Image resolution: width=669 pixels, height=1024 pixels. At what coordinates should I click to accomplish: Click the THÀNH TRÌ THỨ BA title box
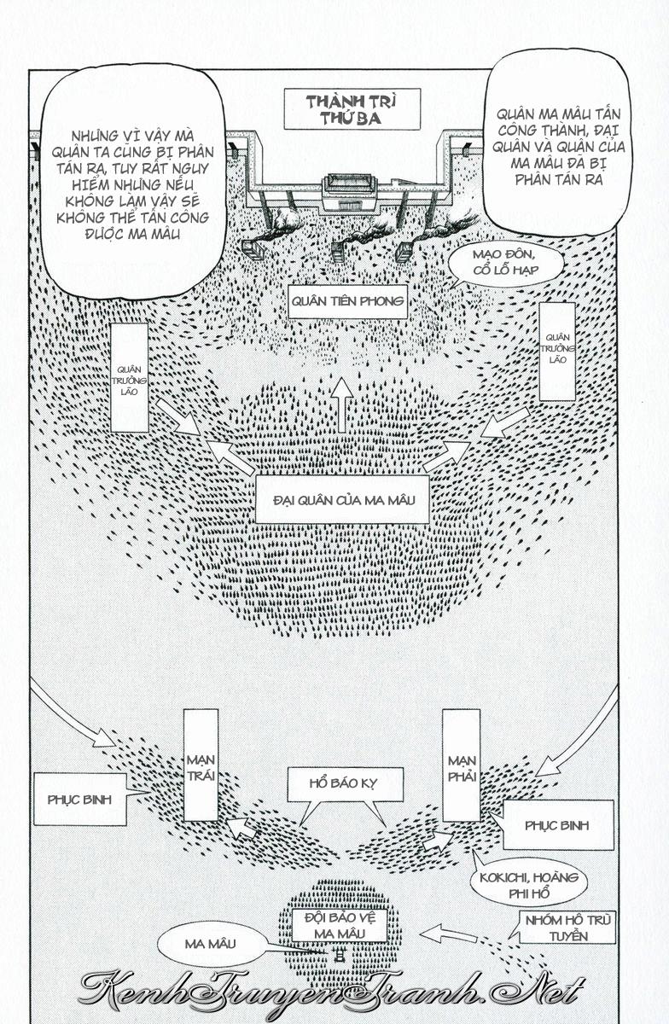click(x=352, y=109)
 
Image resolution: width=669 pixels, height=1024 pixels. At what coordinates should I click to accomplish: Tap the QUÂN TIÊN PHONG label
click(x=346, y=300)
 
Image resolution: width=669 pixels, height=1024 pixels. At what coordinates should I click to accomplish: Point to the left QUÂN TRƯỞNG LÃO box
click(x=130, y=376)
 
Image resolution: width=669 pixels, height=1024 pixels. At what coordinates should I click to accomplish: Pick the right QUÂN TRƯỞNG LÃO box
click(x=556, y=350)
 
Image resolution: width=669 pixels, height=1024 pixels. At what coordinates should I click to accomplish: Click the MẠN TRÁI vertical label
click(x=201, y=765)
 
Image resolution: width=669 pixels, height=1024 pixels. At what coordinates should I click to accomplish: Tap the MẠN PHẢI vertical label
click(x=461, y=765)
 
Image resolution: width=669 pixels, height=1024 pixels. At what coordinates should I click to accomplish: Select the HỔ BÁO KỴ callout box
click(x=344, y=783)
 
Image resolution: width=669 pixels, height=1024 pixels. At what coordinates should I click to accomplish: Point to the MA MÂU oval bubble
click(x=210, y=944)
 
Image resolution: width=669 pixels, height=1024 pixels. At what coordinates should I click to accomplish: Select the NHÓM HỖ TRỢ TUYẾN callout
click(x=565, y=927)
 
